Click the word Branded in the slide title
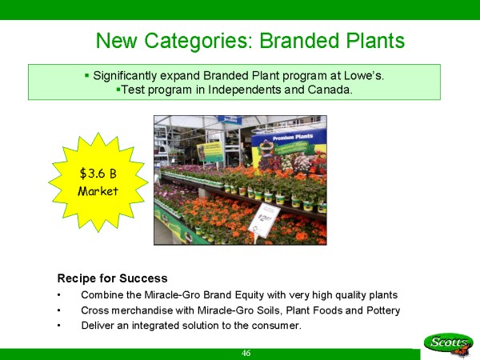pos(299,41)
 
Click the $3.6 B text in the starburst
pos(98,174)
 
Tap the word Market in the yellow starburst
pos(98,191)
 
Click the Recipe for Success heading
pos(112,278)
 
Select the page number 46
pos(246,354)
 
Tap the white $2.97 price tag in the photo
pos(264,221)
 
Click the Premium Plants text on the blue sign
pos(293,137)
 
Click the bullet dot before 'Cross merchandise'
pos(58,310)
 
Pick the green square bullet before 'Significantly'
pos(87,75)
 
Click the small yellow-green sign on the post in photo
pos(210,152)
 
